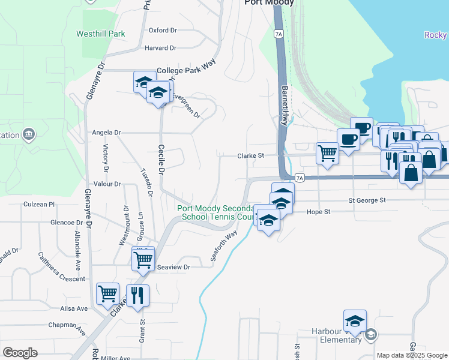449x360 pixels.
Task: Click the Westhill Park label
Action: pos(101,34)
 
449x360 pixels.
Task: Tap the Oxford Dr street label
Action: pos(163,29)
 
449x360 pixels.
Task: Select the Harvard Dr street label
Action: pos(160,48)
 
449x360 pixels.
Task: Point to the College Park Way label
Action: pos(185,70)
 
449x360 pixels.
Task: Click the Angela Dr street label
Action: pos(106,132)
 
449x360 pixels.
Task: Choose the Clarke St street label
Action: pos(251,155)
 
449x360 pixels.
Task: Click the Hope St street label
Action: pos(319,212)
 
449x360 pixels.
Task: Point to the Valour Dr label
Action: pos(107,184)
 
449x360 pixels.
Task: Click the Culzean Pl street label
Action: pos(39,204)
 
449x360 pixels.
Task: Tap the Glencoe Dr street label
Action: pos(54,222)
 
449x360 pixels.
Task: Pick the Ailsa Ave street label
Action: pos(74,308)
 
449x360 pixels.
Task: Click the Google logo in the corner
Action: pos(20,353)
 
